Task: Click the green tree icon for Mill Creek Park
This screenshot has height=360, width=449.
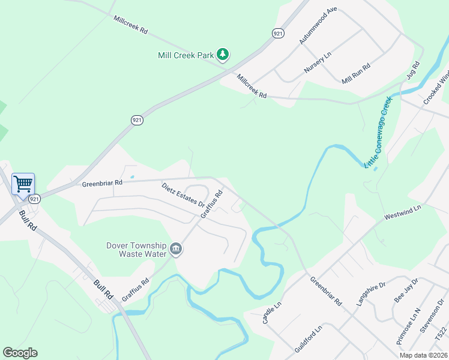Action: click(223, 55)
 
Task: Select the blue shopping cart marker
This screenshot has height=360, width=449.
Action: click(23, 184)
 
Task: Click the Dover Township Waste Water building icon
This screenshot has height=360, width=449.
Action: click(176, 249)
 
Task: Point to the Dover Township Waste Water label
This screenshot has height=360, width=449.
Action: click(136, 250)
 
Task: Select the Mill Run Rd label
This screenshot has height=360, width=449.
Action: click(357, 72)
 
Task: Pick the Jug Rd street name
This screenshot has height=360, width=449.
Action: click(414, 70)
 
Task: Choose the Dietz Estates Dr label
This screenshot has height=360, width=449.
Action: click(183, 195)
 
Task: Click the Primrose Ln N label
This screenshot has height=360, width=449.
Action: click(408, 327)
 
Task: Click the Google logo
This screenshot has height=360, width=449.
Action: click(20, 353)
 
